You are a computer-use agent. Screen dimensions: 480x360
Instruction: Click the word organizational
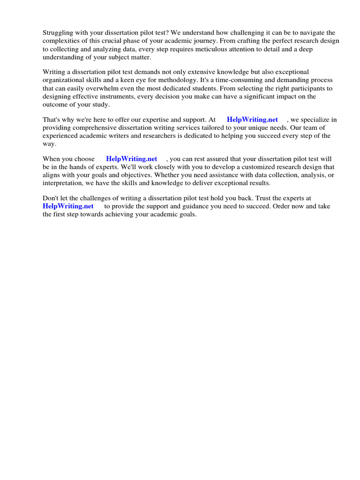tap(64, 80)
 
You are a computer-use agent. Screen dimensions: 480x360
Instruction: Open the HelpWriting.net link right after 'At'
tap(252, 120)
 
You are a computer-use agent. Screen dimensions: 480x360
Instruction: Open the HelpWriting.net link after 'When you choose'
tap(132, 159)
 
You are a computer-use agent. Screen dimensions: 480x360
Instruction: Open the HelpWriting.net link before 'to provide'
tap(68, 207)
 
